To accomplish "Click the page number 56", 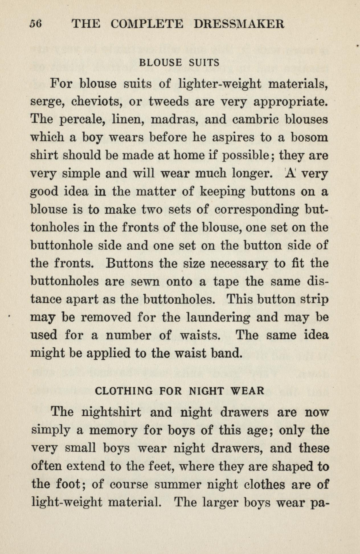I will pyautogui.click(x=36, y=24).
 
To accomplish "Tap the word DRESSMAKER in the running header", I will pyautogui.click(x=239, y=24).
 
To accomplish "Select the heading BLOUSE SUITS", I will pyautogui.click(x=179, y=62).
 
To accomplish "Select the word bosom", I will pyautogui.click(x=309, y=138).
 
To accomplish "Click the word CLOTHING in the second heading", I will pyautogui.click(x=124, y=390).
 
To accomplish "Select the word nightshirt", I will pyautogui.click(x=111, y=412).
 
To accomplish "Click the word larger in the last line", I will pyautogui.click(x=220, y=502).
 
